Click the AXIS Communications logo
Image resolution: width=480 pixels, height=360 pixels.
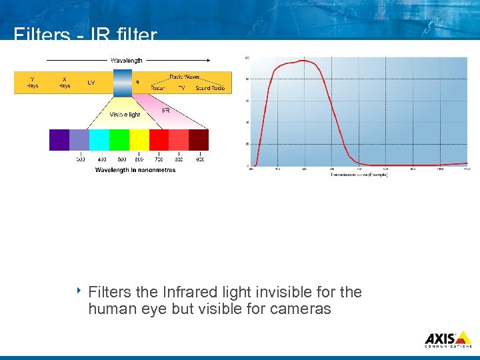(x=447, y=339)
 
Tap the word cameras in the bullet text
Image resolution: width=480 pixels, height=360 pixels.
(x=300, y=309)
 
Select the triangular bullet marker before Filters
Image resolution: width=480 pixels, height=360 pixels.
(x=78, y=291)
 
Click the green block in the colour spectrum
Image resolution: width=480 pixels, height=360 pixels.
(x=119, y=140)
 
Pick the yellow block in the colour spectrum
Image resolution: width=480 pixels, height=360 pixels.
(x=139, y=140)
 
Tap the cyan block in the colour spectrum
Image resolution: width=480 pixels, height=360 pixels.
(x=99, y=140)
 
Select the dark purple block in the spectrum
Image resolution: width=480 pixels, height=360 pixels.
(x=59, y=140)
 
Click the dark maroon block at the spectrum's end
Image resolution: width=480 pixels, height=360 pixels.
(x=199, y=140)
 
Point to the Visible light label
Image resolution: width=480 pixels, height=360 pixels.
(x=125, y=115)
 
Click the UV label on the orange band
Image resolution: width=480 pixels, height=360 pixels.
(x=91, y=83)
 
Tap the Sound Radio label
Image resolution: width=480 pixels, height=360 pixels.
(x=210, y=88)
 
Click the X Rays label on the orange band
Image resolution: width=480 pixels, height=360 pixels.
(x=64, y=82)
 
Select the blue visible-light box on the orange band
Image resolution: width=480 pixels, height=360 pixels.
(x=123, y=83)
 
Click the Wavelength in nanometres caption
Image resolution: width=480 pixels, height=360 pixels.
(x=135, y=170)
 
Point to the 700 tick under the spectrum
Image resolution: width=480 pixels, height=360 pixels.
(x=159, y=159)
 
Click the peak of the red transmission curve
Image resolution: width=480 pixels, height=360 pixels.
(x=303, y=61)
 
